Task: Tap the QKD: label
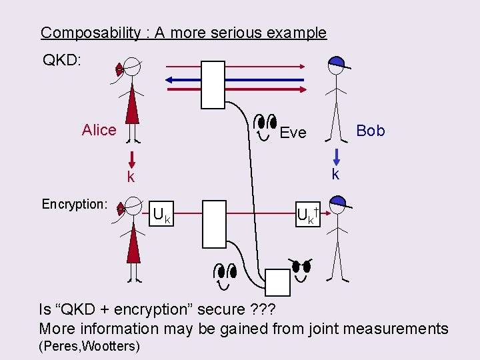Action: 61,61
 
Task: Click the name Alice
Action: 99,130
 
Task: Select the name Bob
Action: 371,131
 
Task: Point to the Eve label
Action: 293,133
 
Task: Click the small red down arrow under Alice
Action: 133,159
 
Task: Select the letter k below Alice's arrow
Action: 131,177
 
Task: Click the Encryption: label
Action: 75,204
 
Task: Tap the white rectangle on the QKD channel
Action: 213,85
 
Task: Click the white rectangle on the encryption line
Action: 213,223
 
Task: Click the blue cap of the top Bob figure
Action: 337,62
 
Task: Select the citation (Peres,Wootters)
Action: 90,346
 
